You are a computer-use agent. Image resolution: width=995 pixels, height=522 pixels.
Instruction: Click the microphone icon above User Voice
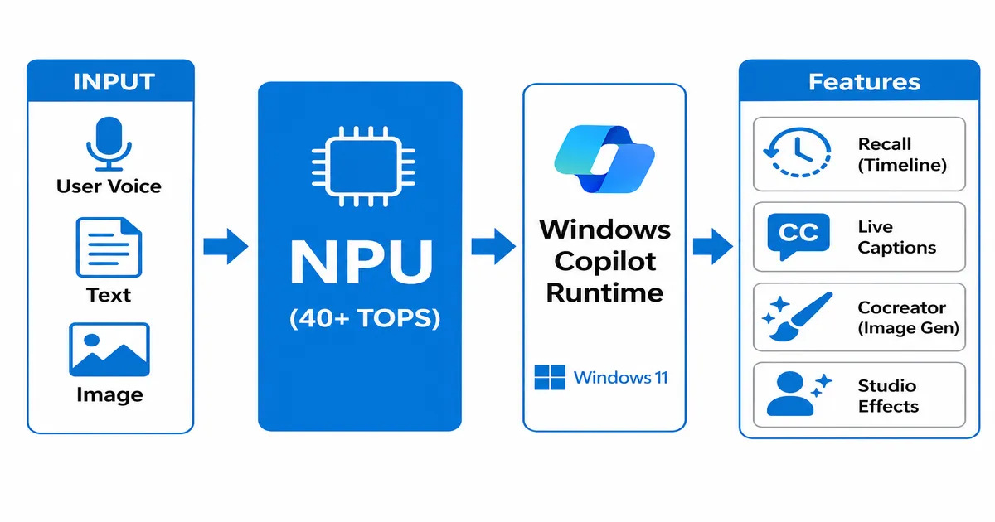109,143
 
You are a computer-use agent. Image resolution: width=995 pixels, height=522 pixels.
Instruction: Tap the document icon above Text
109,248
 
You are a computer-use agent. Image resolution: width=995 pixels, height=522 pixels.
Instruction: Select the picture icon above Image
109,350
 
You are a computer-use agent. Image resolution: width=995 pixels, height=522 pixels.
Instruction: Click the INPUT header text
114,81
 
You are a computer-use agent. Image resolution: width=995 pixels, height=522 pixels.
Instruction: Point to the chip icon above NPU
358,165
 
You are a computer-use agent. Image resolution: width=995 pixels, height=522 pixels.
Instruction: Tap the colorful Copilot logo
604,158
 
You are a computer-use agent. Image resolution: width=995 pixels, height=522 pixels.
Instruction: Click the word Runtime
604,292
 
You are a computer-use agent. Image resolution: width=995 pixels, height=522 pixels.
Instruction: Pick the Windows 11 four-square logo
549,378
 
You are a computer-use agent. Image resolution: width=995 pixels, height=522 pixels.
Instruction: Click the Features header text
864,82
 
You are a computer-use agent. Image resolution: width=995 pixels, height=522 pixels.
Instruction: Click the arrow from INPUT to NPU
225,246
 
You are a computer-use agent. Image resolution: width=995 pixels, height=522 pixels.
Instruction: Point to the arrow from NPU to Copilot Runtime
493,246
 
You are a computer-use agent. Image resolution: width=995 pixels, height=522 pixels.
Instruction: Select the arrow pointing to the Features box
712,246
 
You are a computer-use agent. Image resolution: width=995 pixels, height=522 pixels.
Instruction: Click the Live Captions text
896,237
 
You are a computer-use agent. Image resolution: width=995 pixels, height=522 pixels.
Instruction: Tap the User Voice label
109,186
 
